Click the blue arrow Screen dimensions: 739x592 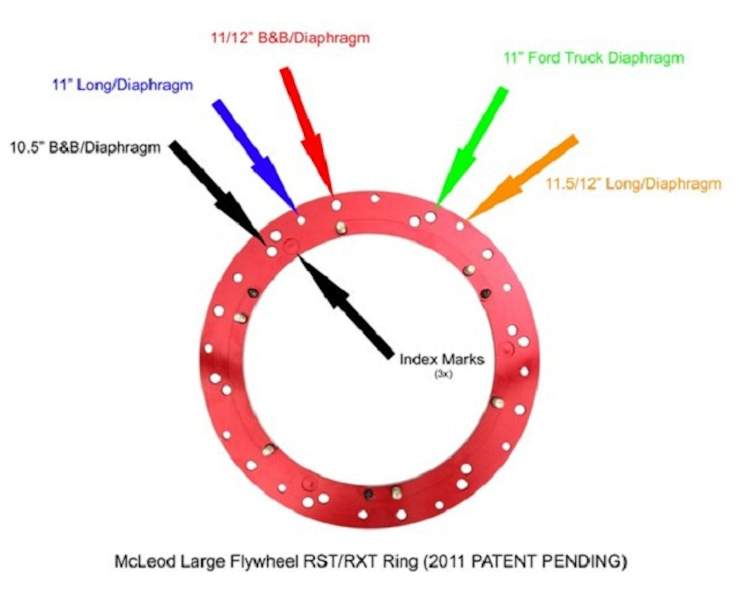(x=255, y=156)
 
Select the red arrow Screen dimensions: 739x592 (x=306, y=132)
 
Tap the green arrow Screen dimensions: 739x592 (x=472, y=148)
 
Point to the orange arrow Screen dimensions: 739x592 (x=522, y=177)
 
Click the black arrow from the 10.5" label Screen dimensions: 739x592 (x=219, y=193)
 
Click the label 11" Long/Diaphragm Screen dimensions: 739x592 (x=123, y=85)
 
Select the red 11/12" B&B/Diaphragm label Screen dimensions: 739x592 (x=291, y=38)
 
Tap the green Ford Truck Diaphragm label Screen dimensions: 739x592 (x=594, y=58)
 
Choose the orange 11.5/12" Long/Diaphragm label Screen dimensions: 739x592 (x=634, y=185)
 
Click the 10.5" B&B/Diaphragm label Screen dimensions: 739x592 (x=85, y=148)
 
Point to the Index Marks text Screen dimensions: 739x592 (x=442, y=359)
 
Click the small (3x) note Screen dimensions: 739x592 (x=443, y=374)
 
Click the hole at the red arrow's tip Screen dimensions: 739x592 (x=336, y=205)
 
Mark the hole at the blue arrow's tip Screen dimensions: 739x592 (x=301, y=220)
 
